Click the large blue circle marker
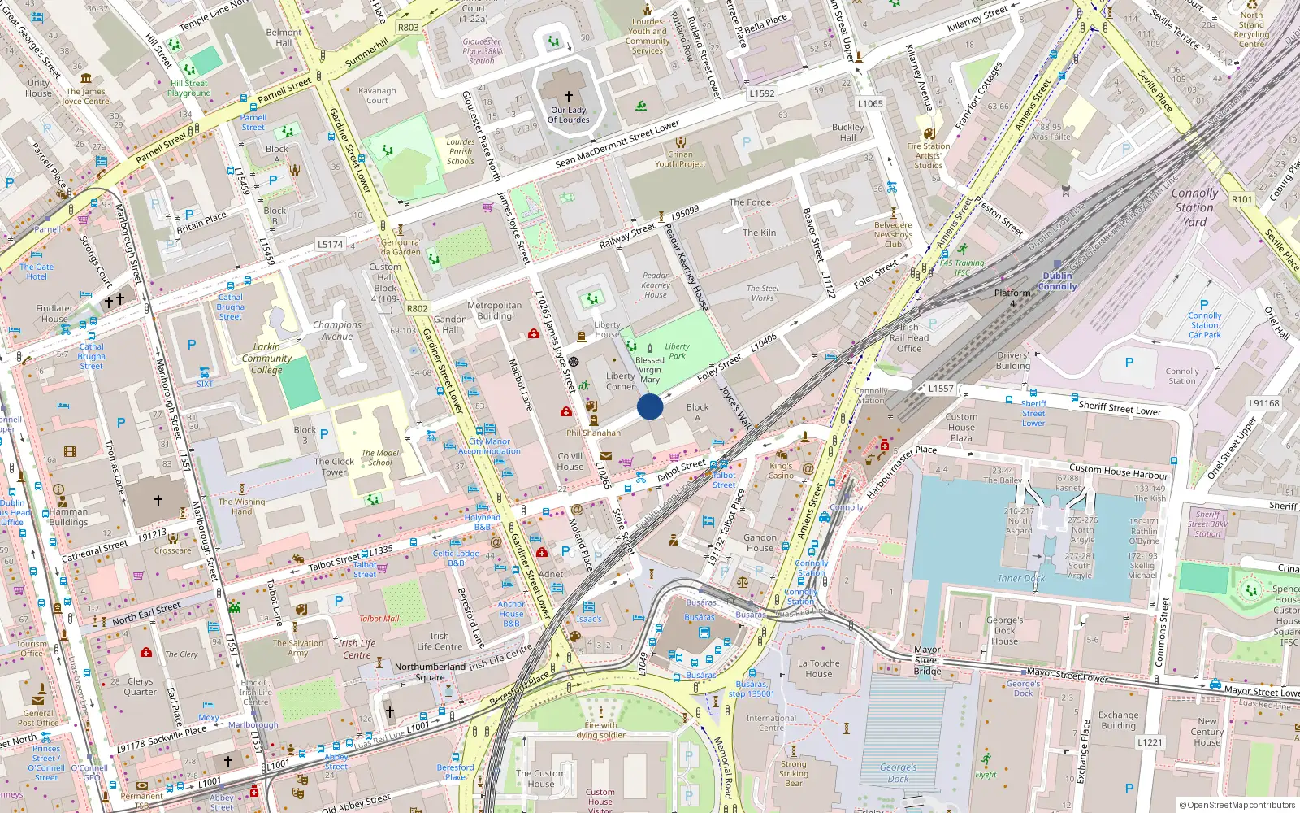coord(650,406)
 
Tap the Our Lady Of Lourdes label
coord(568,115)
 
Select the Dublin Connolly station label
coord(1057,281)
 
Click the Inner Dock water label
coord(1021,578)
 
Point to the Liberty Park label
coord(677,351)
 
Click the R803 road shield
coord(409,28)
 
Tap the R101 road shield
coord(1241,199)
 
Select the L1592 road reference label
coord(761,93)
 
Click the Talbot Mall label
coord(379,619)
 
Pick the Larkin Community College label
coord(266,358)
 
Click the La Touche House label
coord(819,668)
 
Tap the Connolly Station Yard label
coord(1194,207)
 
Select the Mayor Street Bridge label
coord(927,660)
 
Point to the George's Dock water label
coord(898,772)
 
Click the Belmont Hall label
coord(284,37)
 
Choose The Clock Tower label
coord(334,467)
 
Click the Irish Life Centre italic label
coord(357,649)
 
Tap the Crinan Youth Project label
coord(680,159)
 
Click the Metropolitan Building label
coord(494,311)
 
